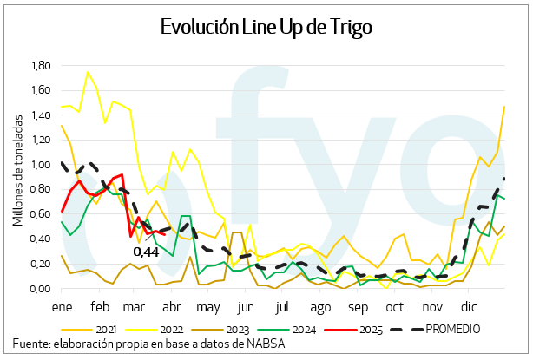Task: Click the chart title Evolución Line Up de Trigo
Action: point(266,27)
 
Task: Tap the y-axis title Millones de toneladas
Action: point(17,173)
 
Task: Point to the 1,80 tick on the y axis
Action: point(41,65)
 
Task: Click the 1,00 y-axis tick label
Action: point(41,165)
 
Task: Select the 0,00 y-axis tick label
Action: point(41,290)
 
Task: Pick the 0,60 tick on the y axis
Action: point(41,215)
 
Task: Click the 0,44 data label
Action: point(145,252)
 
